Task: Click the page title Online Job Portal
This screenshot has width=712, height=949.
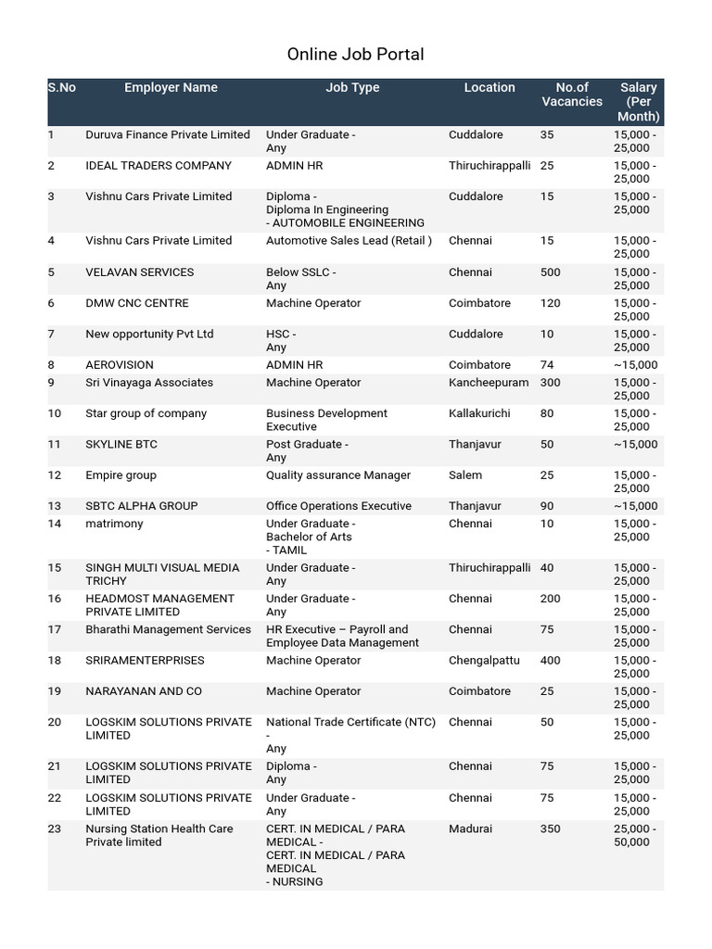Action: click(355, 55)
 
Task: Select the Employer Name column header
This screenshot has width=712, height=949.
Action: click(171, 88)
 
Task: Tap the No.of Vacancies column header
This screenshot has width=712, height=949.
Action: click(572, 95)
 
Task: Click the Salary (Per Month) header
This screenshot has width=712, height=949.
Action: click(638, 102)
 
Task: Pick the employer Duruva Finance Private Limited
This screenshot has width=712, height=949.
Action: click(168, 135)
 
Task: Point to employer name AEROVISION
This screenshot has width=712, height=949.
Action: click(120, 365)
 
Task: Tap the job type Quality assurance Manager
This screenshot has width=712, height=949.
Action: click(338, 475)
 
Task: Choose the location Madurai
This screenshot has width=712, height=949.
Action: click(471, 829)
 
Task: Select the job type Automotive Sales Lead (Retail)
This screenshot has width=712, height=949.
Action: click(349, 241)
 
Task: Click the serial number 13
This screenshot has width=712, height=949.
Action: click(55, 506)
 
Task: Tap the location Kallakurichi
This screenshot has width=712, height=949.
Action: click(479, 413)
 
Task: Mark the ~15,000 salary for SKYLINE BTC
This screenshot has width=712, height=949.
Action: click(635, 445)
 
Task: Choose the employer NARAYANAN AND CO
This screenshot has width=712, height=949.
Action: click(144, 691)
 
